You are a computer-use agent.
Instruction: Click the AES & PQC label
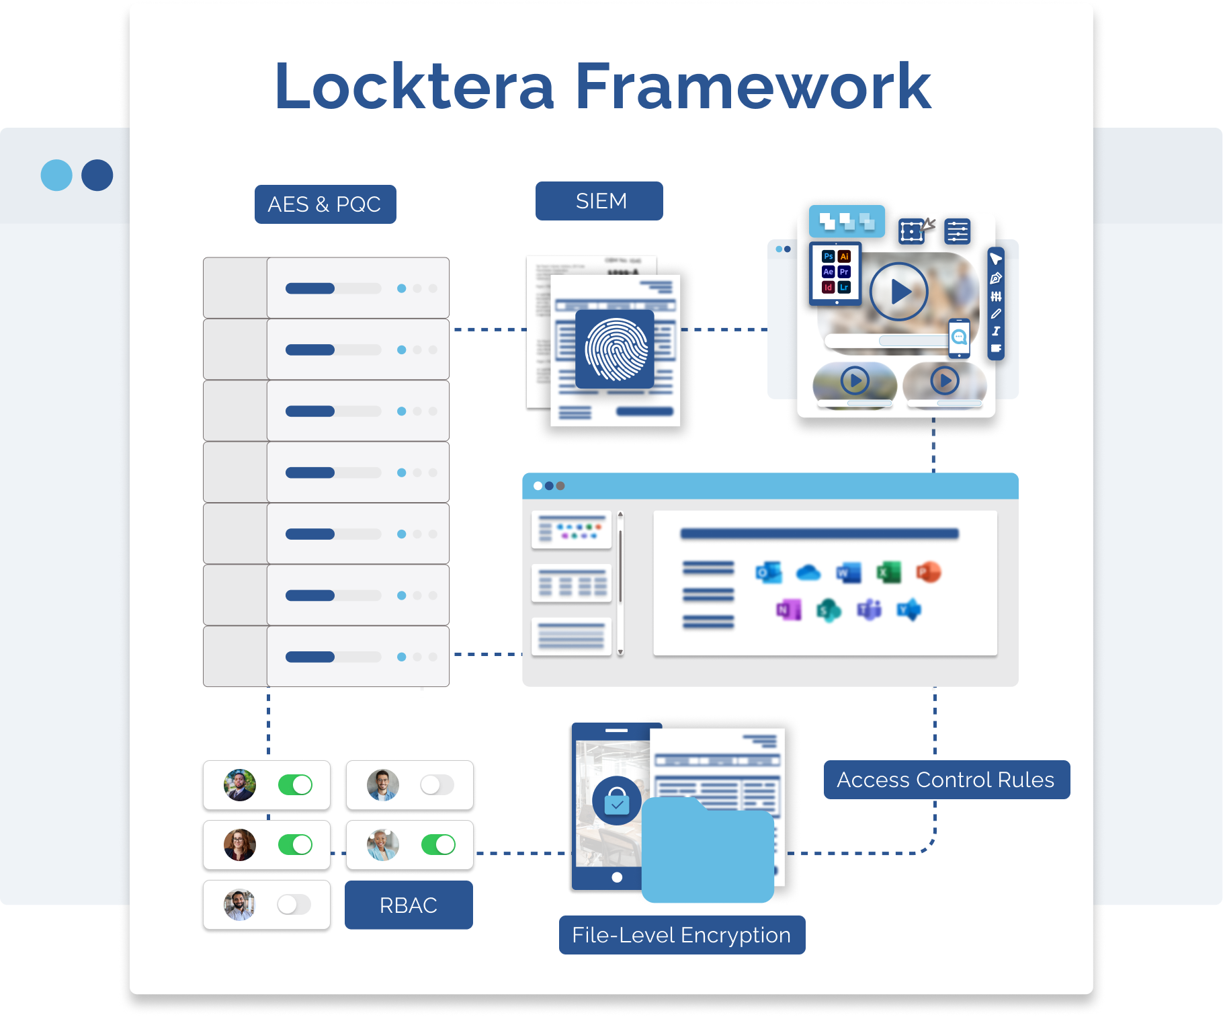[325, 204]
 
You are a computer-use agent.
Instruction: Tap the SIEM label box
[599, 201]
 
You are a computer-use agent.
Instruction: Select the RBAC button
[409, 905]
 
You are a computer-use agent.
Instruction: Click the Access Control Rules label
[946, 780]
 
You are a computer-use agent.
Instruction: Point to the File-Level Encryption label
[681, 935]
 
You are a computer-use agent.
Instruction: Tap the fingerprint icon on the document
[616, 349]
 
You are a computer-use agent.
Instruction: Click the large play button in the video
[898, 292]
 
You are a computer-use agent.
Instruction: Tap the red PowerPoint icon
[928, 572]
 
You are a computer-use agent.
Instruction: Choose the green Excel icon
[888, 572]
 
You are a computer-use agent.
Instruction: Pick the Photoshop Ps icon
[828, 256]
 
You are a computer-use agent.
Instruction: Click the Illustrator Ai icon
[845, 256]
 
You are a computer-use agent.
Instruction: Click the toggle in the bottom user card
[294, 904]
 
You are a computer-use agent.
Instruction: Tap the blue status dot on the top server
[401, 288]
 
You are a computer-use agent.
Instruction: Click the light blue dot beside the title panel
[56, 175]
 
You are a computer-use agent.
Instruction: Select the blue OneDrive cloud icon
[808, 573]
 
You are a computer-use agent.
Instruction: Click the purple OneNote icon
[788, 610]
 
